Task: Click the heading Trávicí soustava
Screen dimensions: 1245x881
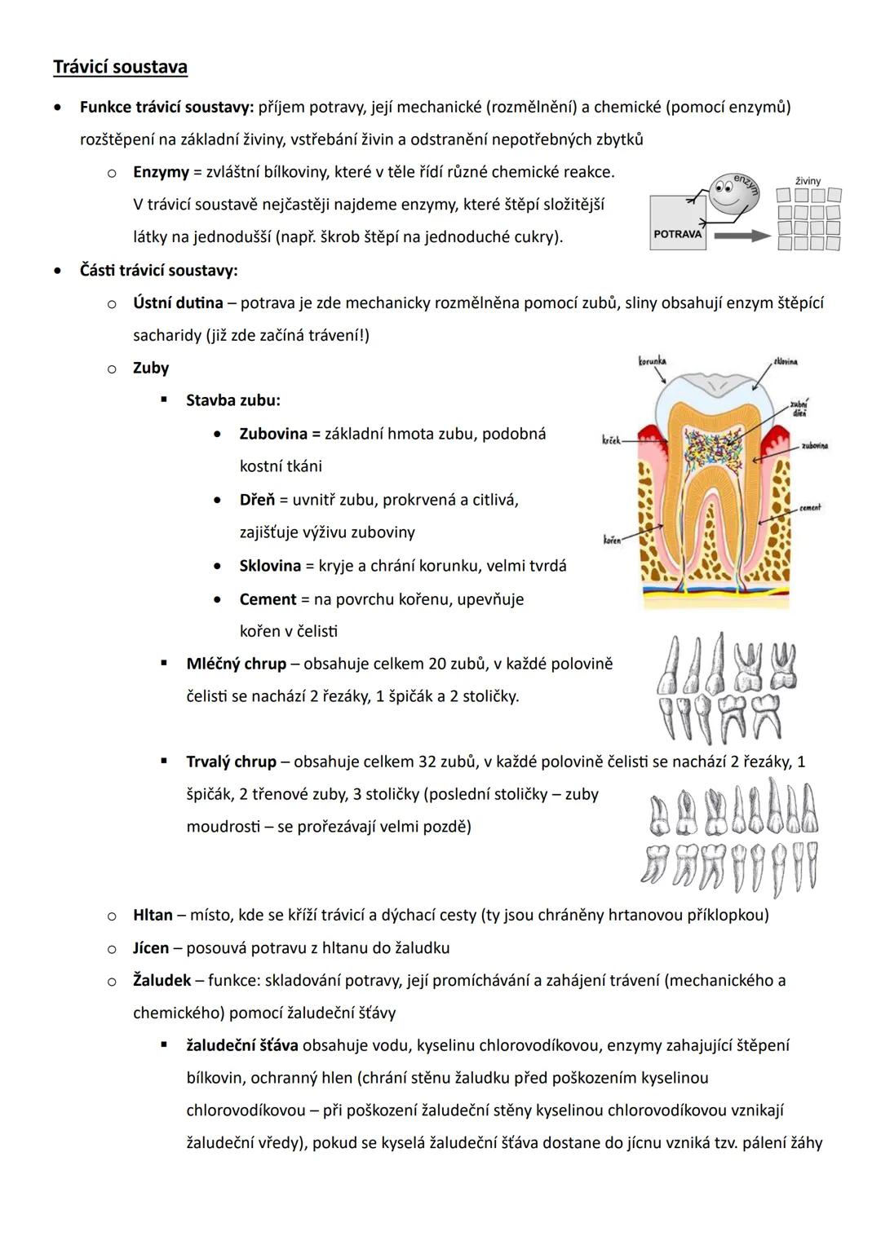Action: pyautogui.click(x=120, y=67)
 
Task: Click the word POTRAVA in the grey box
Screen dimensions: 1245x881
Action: pyautogui.click(x=678, y=234)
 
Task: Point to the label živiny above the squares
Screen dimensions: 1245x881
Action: pyautogui.click(x=808, y=181)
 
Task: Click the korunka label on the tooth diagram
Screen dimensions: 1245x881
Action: pyautogui.click(x=652, y=360)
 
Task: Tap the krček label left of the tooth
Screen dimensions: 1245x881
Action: pyautogui.click(x=611, y=440)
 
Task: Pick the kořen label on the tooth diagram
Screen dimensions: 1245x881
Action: pyautogui.click(x=612, y=539)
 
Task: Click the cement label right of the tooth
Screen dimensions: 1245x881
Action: pyautogui.click(x=810, y=507)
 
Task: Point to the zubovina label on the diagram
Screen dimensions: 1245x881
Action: pyautogui.click(x=814, y=446)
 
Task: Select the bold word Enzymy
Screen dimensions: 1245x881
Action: pyautogui.click(x=161, y=172)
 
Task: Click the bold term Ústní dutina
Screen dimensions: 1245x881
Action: pyautogui.click(x=178, y=302)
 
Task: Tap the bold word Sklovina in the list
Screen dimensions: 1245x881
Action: pyautogui.click(x=270, y=566)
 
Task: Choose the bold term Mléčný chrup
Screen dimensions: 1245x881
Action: pyautogui.click(x=236, y=664)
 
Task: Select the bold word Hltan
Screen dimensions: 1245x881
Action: pyautogui.click(x=153, y=915)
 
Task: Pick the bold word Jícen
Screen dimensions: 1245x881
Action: pyautogui.click(x=151, y=947)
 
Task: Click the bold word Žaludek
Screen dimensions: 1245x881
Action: pyautogui.click(x=162, y=980)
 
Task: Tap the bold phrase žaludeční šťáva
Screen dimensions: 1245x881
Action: pyautogui.click(x=241, y=1045)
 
